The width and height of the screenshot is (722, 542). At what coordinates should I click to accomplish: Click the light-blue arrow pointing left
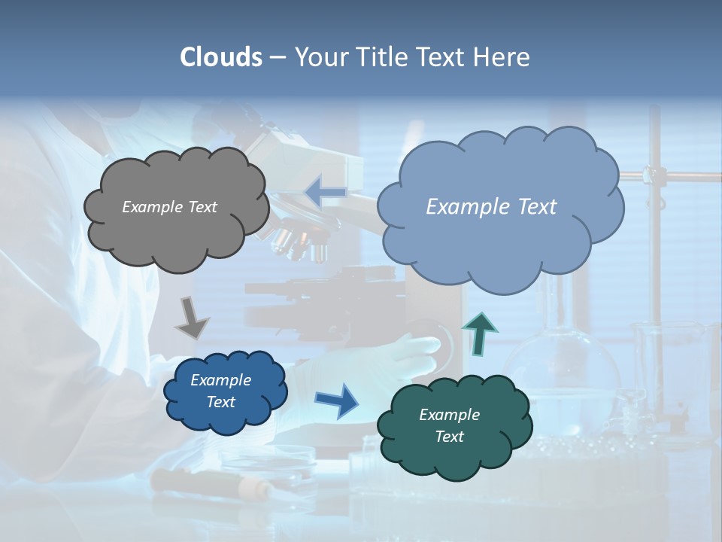pyautogui.click(x=326, y=193)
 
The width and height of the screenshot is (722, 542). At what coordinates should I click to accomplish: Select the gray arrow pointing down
pyautogui.click(x=191, y=318)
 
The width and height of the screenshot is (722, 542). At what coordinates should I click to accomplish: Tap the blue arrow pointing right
pyautogui.click(x=337, y=400)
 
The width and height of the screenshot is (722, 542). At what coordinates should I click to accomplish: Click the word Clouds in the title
pyautogui.click(x=221, y=57)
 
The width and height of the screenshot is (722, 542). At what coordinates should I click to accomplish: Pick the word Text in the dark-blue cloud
pyautogui.click(x=220, y=402)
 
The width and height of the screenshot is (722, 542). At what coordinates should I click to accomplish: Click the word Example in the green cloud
pyautogui.click(x=449, y=415)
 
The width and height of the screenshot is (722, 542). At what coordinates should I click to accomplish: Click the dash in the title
pyautogui.click(x=278, y=58)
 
